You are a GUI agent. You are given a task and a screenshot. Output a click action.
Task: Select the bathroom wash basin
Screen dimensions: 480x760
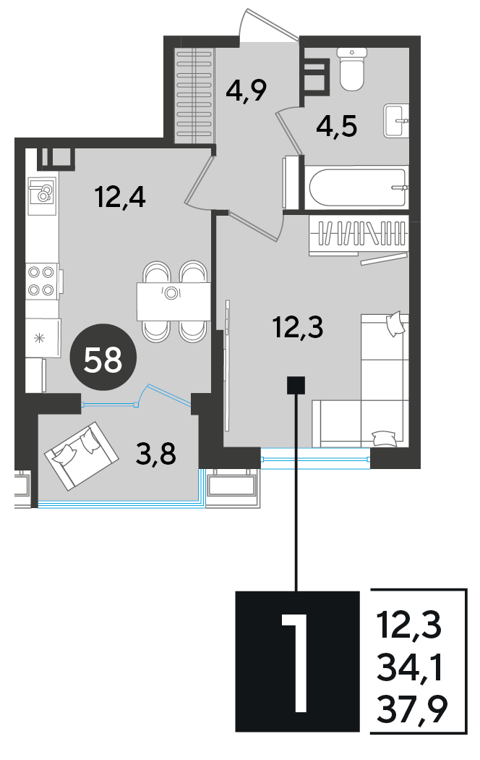click(396, 121)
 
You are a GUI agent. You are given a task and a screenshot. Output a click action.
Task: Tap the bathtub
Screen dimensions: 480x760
click(356, 187)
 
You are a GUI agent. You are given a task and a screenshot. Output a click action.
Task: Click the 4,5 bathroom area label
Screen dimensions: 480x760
click(337, 127)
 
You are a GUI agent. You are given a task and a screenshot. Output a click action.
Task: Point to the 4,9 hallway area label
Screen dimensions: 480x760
click(247, 90)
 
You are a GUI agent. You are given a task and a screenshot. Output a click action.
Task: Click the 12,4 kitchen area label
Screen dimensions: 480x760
click(120, 198)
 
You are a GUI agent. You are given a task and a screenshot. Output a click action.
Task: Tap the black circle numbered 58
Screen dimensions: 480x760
click(103, 359)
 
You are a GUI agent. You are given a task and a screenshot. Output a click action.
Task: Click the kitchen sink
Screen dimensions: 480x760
click(43, 196)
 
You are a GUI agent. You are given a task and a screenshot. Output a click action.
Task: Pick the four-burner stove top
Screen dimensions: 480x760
click(42, 281)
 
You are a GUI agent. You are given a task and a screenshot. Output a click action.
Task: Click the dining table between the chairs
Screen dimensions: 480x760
click(173, 301)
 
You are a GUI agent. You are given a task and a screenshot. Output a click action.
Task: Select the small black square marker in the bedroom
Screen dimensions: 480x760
click(296, 385)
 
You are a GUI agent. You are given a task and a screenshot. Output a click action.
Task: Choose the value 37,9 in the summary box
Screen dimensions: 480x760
click(412, 709)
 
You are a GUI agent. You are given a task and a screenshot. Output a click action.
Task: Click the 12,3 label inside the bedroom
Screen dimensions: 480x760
click(298, 327)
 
